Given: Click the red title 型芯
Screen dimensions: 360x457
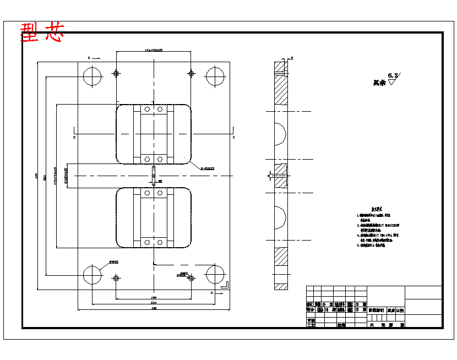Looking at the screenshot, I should point(42,33).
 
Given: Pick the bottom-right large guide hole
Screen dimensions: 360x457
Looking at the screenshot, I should point(215,274).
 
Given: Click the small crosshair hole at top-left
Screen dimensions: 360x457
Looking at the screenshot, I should point(116,73).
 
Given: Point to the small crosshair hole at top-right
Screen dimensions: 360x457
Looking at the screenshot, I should point(191,73).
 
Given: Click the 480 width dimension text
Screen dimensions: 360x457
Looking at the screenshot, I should point(154,308).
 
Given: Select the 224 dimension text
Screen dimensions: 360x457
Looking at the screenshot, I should point(154,303).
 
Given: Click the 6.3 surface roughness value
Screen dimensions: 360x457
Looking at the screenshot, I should point(393,75).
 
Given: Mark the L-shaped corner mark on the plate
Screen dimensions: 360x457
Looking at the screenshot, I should point(224,283).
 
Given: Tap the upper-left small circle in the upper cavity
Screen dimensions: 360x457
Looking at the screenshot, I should point(146,110).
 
